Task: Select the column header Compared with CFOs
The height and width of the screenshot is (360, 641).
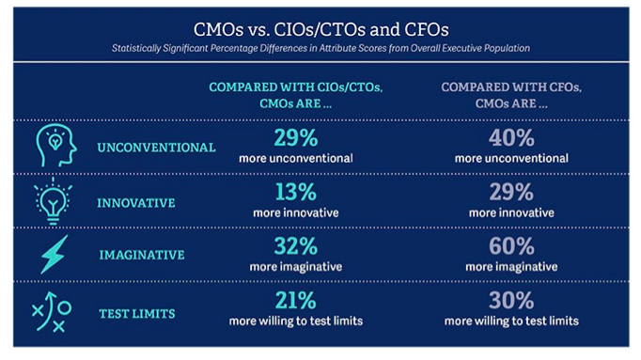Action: pyautogui.click(x=512, y=95)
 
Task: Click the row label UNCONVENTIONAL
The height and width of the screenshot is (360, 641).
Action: pyautogui.click(x=156, y=148)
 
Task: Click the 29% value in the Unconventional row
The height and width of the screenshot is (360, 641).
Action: pyautogui.click(x=294, y=139)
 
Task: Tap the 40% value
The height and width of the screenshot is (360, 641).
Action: pyautogui.click(x=511, y=139)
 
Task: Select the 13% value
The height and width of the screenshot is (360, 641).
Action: pyautogui.click(x=294, y=193)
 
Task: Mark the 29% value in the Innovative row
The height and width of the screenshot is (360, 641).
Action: pyautogui.click(x=511, y=193)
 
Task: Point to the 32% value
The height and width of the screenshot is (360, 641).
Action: pyautogui.click(x=294, y=247)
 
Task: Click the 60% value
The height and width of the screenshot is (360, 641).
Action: pyautogui.click(x=511, y=247)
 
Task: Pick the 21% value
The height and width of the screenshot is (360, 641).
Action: pyautogui.click(x=294, y=301)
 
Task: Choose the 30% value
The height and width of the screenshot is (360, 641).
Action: pyautogui.click(x=511, y=301)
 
